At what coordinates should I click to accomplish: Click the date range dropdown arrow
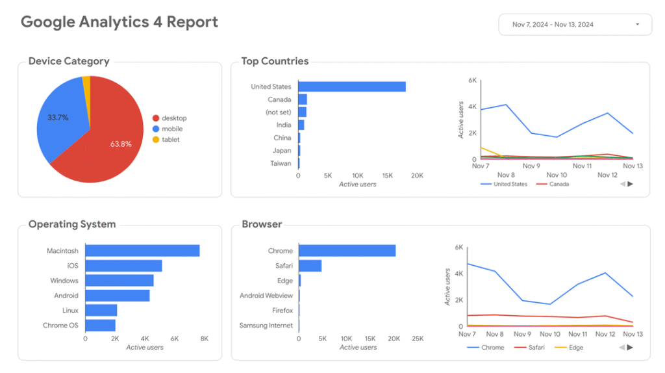[637, 25]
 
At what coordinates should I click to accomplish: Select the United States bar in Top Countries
[351, 86]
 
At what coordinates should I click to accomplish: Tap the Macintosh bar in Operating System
[142, 251]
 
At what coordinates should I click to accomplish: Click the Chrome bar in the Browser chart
[347, 251]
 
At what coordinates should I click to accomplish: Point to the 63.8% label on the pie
[121, 144]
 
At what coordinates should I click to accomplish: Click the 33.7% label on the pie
[58, 118]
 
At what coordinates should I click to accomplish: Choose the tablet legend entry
[170, 140]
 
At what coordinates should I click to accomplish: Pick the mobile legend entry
[171, 129]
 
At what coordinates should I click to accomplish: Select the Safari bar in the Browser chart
[310, 266]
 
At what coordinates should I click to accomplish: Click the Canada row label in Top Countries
[279, 99]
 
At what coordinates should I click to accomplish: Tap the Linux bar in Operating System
[101, 311]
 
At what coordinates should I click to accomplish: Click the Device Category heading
[69, 62]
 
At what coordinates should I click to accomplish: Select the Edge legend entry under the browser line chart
[575, 348]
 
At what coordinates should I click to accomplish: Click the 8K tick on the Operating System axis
[204, 339]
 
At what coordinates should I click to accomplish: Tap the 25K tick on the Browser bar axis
[418, 339]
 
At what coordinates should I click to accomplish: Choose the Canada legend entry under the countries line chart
[558, 185]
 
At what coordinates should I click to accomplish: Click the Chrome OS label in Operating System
[60, 326]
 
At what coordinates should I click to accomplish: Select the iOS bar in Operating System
[123, 266]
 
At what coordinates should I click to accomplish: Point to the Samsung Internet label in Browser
[266, 326]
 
